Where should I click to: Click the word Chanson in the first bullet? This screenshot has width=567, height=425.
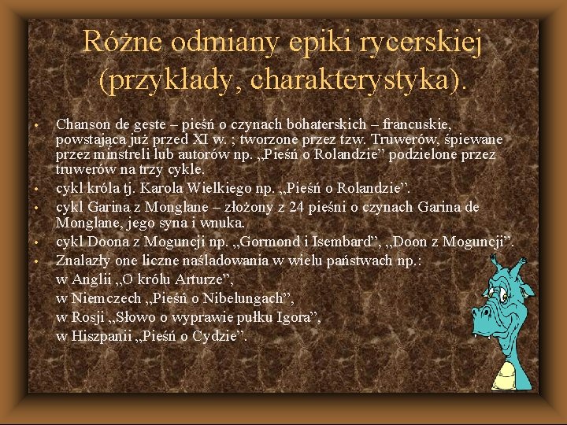coord(83,124)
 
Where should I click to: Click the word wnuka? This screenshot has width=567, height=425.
coord(224,223)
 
